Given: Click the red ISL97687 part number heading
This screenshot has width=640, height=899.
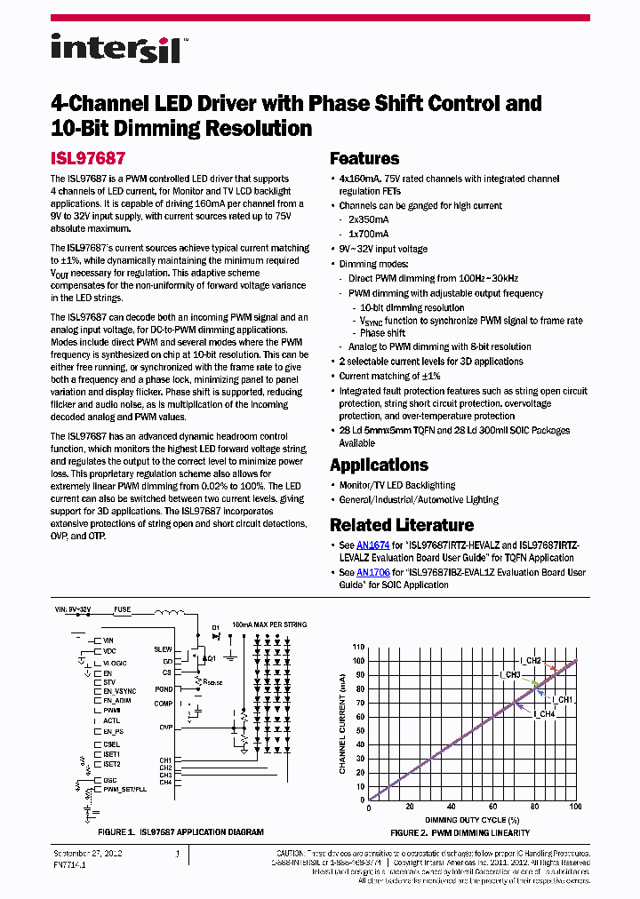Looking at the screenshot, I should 87,159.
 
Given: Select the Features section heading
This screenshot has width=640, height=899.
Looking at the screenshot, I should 364,159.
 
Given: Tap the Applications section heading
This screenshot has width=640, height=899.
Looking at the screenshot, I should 379,465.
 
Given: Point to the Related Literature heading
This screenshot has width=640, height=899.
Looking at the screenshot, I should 402,525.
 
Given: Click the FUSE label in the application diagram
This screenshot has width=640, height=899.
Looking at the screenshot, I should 122,610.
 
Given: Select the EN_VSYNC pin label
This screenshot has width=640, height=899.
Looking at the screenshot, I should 119,690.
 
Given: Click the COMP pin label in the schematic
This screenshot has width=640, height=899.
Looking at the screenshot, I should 163,704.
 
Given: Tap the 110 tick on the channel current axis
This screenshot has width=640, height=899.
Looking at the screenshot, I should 358,647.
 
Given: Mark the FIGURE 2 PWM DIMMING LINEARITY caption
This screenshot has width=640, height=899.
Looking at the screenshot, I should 460,832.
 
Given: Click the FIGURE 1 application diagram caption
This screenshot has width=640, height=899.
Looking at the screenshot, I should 180,832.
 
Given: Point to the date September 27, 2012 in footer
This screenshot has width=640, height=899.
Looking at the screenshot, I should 84,853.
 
